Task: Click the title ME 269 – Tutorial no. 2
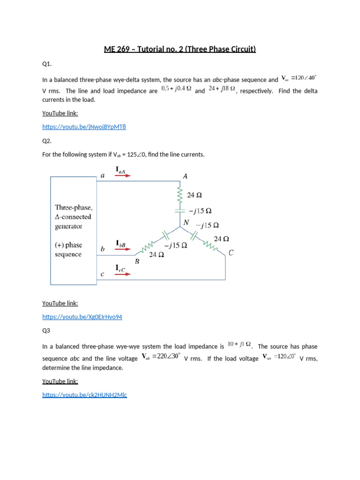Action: click(x=180, y=49)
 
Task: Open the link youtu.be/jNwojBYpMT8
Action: click(x=84, y=127)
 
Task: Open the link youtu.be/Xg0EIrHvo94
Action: click(x=82, y=317)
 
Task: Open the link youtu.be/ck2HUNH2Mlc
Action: click(x=84, y=395)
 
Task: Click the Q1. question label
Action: click(x=47, y=64)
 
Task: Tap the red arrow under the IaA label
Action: click(x=123, y=176)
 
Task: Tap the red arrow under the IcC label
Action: click(x=123, y=274)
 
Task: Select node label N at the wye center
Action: click(x=186, y=223)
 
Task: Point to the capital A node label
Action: click(x=185, y=176)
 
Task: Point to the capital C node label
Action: click(x=231, y=253)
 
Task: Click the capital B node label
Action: click(x=137, y=262)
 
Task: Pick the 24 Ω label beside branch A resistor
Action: click(x=195, y=195)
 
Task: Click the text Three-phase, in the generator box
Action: click(x=74, y=207)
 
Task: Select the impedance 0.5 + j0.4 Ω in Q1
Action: click(x=176, y=88)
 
